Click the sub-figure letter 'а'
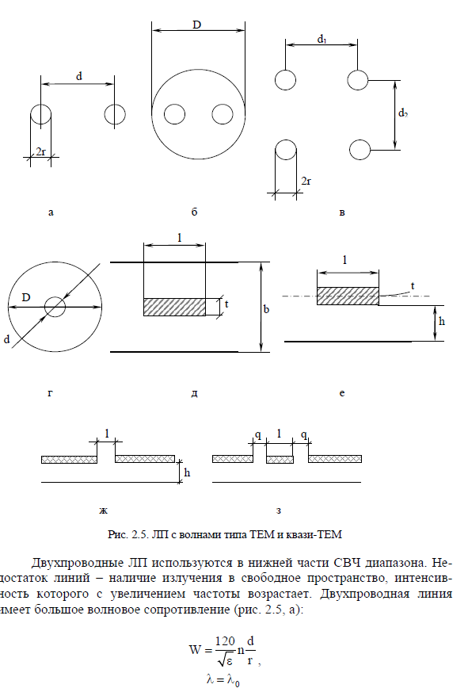click(51, 212)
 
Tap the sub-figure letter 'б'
click(195, 212)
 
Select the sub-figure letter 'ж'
click(103, 511)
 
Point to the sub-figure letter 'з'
click(278, 511)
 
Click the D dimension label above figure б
click(196, 25)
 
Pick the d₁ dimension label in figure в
click(322, 40)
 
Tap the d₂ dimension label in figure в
click(403, 113)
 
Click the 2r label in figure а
click(40, 152)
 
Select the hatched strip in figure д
click(175, 307)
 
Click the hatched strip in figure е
click(348, 296)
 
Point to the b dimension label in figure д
click(266, 309)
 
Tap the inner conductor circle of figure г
click(55, 307)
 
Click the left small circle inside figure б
click(175, 114)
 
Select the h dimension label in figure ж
click(187, 472)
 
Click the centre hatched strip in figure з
click(280, 460)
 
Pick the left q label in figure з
click(258, 435)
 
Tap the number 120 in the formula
click(225, 640)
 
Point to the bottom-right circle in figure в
click(360, 150)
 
